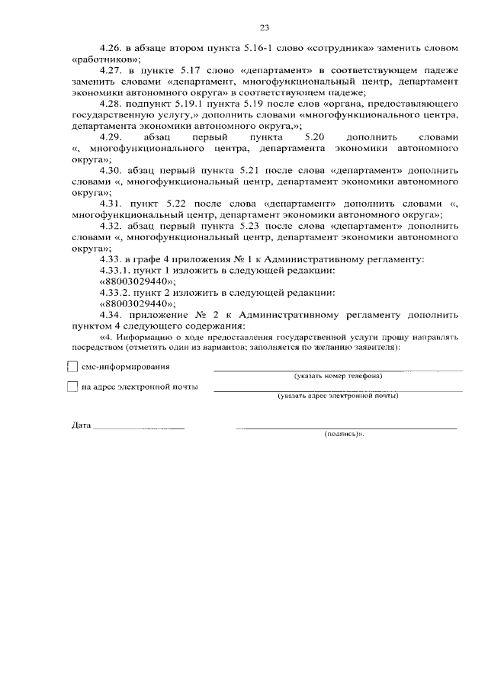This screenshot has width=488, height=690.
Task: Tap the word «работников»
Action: coord(106,59)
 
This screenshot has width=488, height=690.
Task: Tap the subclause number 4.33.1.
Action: coord(117,270)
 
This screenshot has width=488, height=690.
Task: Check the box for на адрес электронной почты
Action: coord(73,387)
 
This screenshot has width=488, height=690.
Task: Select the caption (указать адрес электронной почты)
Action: coord(338,396)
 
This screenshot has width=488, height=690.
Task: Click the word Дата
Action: coord(80,425)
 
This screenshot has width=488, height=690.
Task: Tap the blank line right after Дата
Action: coord(139,428)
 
